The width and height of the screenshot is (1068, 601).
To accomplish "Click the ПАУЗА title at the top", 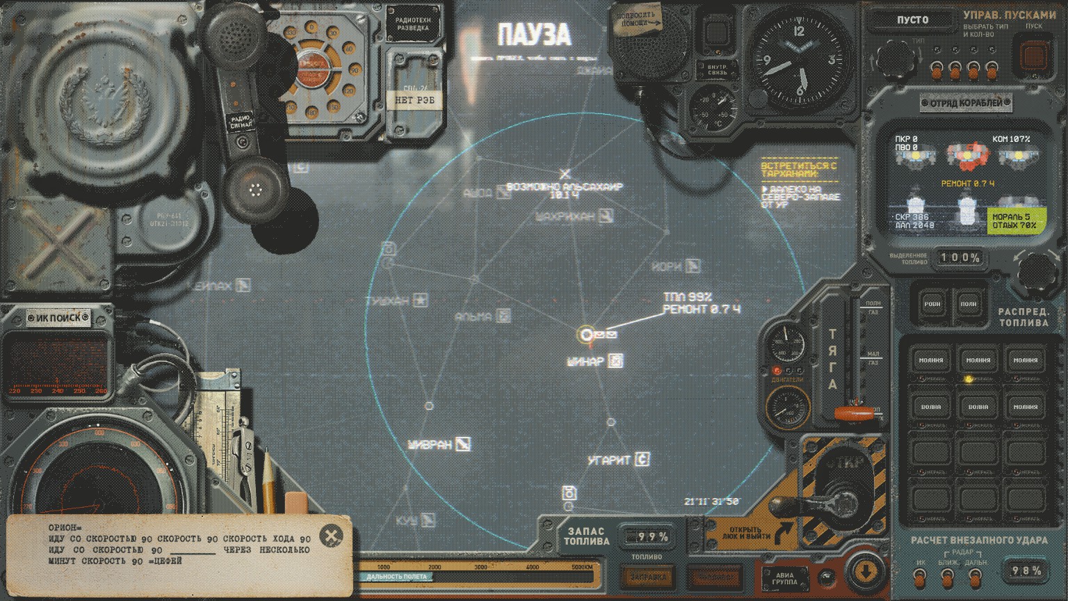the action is (534, 35).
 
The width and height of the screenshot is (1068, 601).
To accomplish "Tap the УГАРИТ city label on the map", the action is (609, 460).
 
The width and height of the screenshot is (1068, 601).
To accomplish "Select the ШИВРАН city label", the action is (430, 444).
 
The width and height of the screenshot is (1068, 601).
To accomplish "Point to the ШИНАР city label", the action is (585, 361).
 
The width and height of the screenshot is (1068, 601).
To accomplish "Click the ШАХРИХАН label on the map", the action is (565, 217).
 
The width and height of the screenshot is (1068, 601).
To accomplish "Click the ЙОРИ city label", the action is (667, 266).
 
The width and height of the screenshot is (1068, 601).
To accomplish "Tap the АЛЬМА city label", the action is (474, 316).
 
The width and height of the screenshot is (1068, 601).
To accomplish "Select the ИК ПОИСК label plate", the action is (58, 318).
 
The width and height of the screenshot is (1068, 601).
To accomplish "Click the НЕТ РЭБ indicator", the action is (414, 100).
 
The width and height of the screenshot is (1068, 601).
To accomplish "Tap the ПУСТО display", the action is (912, 19).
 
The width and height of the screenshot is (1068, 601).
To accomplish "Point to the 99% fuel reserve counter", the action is (648, 536).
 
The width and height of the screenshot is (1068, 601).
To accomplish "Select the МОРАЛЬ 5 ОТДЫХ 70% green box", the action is (1016, 221).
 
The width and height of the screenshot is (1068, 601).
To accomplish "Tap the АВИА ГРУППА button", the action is (785, 578).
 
